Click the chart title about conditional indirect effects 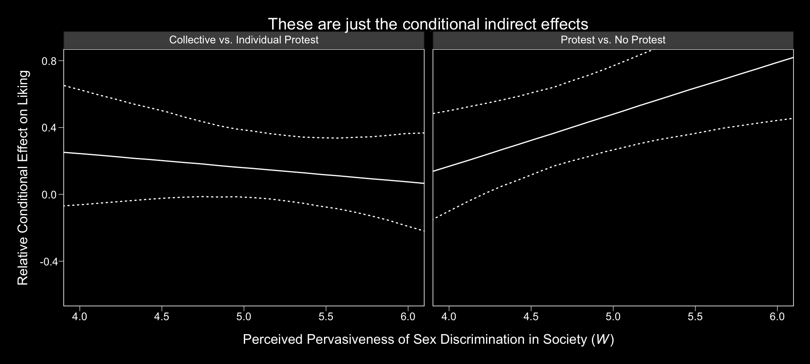(428, 24)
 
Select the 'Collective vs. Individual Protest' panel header (243, 40)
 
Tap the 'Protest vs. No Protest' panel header (613, 40)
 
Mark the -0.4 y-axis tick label (49, 262)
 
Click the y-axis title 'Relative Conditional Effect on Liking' (23, 177)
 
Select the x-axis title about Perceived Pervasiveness (428, 339)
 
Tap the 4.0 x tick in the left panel (80, 316)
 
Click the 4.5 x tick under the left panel (162, 316)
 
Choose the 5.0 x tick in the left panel (244, 316)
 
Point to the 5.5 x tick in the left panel (326, 316)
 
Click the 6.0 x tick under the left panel (408, 316)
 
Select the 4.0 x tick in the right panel (449, 316)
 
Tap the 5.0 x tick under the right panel (613, 316)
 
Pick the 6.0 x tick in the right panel (777, 316)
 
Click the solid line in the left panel (244, 168)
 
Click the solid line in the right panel (613, 114)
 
